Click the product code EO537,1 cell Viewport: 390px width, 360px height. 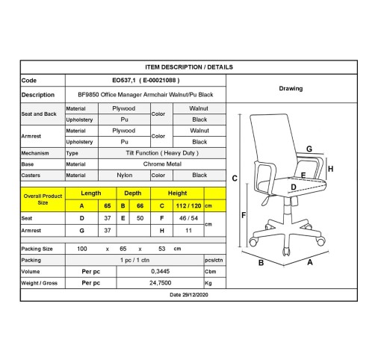click(x=146, y=80)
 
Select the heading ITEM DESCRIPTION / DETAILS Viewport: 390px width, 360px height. click(x=189, y=67)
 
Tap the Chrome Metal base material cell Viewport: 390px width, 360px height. click(x=162, y=164)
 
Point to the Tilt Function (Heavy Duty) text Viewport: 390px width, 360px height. click(x=162, y=153)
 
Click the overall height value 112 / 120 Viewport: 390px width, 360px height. click(x=188, y=206)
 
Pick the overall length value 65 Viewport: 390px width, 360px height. click(x=108, y=206)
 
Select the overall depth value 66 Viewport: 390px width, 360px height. click(x=140, y=206)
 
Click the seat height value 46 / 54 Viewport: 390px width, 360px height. click(x=188, y=218)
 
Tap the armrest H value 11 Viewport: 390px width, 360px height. click(x=188, y=231)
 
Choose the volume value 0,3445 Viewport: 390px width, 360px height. click(x=161, y=271)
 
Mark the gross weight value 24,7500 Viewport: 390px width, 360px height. click(x=161, y=283)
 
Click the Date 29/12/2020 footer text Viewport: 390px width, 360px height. click(x=189, y=295)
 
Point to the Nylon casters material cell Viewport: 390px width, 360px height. click(x=125, y=176)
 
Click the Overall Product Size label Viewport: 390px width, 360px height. click(x=43, y=199)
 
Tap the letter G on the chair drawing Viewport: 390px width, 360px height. click(x=309, y=149)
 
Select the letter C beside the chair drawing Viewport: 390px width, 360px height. click(x=235, y=179)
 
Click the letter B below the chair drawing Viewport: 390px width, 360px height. click(x=261, y=263)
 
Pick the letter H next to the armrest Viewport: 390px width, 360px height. click(x=330, y=169)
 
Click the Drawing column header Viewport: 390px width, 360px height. click(x=291, y=88)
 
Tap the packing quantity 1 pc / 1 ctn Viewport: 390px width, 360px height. click(x=134, y=260)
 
